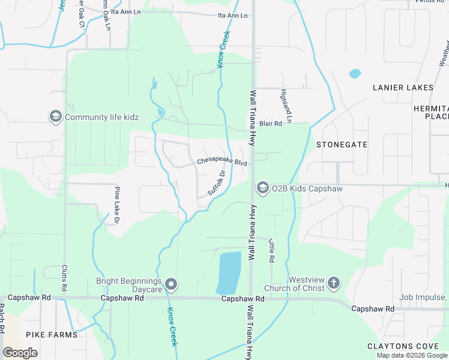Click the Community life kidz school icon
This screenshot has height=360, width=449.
pos(56,116)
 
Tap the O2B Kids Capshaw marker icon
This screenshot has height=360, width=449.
pos(262,188)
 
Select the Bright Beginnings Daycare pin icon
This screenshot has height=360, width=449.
pos(172,284)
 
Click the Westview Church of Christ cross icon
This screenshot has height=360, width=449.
pos(334,283)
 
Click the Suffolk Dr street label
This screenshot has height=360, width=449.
pos(216,183)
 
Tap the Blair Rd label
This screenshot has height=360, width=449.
pos(271,124)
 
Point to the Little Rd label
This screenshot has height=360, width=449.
pos(271,250)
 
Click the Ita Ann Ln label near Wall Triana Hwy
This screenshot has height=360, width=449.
pos(233,15)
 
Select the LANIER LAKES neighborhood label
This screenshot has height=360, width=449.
pos(403,88)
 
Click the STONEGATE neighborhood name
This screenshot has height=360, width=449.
pos(342,145)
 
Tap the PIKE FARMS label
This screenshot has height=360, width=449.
pos(52,334)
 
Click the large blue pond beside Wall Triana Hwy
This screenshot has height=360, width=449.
pos(228,271)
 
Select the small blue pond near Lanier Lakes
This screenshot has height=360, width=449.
pos(355,74)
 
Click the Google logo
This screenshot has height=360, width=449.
pos(20,352)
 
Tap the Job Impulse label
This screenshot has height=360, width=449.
pos(424,297)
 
